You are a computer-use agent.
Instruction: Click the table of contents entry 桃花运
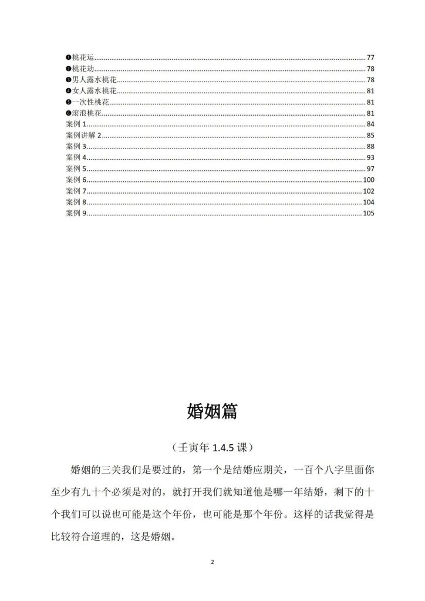pyautogui.click(x=83, y=58)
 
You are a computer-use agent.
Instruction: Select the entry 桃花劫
pyautogui.click(x=83, y=69)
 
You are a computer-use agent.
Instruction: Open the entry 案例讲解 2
pyautogui.click(x=84, y=136)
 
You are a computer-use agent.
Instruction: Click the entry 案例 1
pyautogui.click(x=76, y=124)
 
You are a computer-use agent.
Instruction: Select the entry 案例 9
pyautogui.click(x=76, y=213)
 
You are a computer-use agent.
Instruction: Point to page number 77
pyautogui.click(x=370, y=58)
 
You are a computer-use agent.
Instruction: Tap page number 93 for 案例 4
pyautogui.click(x=370, y=158)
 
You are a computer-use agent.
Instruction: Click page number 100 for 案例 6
pyautogui.click(x=369, y=180)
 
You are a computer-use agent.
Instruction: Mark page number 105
pyautogui.click(x=369, y=213)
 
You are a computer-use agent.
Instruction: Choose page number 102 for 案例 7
pyautogui.click(x=369, y=191)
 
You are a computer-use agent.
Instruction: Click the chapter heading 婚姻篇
pyautogui.click(x=212, y=411)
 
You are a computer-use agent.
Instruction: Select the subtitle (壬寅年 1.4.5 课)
pyautogui.click(x=212, y=447)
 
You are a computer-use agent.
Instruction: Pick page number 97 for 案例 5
pyautogui.click(x=370, y=169)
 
